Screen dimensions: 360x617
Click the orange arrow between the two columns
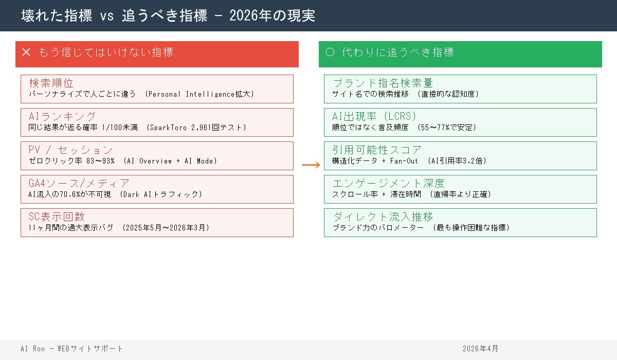pos(311,165)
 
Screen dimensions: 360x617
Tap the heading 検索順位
pos(51,83)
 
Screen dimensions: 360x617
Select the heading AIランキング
pos(62,116)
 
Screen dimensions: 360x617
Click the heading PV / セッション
pos(70,150)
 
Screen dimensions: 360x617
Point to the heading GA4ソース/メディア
pos(79,183)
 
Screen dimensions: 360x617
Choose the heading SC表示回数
pos(57,217)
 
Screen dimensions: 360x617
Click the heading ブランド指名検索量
pos(383,83)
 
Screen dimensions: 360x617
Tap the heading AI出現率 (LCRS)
pos(374,116)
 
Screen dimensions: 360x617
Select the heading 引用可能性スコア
pos(377,150)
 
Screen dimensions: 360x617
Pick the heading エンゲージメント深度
pos(388,183)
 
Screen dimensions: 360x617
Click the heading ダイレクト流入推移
pos(383,217)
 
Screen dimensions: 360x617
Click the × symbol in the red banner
pos(27,52)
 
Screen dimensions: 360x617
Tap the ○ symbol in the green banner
pos(330,52)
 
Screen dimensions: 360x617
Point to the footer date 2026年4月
pos(480,349)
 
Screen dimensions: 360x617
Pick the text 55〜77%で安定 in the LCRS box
pos(447,128)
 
